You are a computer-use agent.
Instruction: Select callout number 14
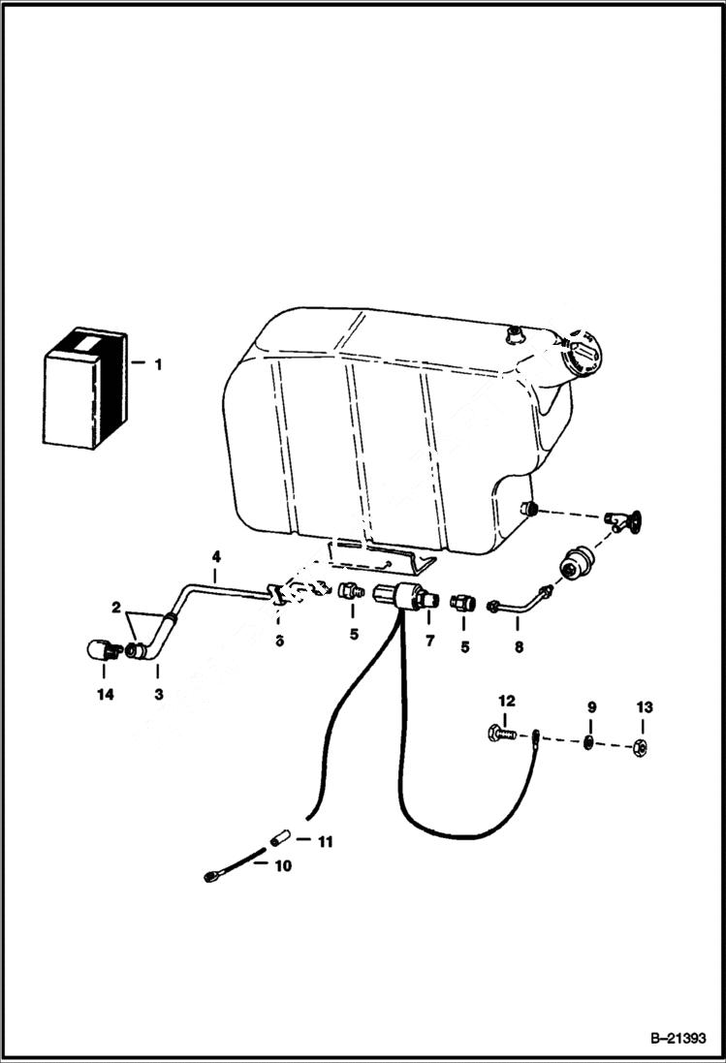click(x=105, y=694)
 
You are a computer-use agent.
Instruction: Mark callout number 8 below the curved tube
click(x=519, y=646)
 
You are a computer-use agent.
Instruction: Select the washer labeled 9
click(x=588, y=743)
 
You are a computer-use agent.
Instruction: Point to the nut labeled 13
click(x=640, y=747)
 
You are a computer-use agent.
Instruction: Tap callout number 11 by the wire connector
click(x=325, y=842)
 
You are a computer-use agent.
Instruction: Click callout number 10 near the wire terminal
click(x=281, y=866)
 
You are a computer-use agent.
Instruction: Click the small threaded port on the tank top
click(x=514, y=335)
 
